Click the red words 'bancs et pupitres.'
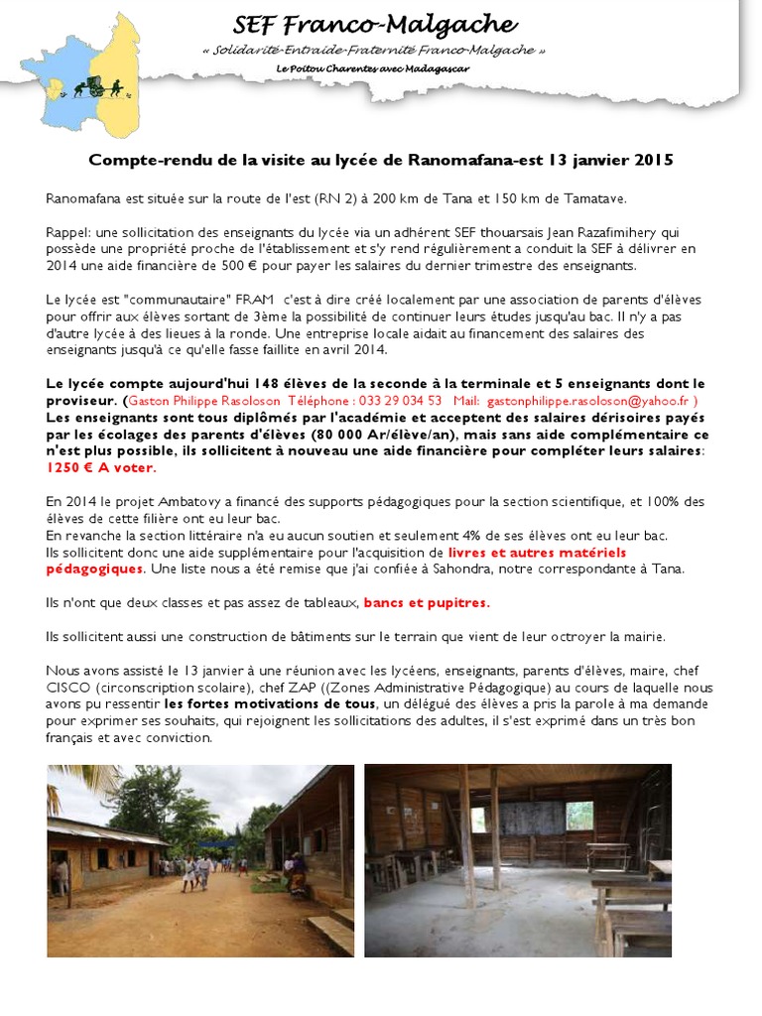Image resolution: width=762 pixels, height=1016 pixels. (x=427, y=602)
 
